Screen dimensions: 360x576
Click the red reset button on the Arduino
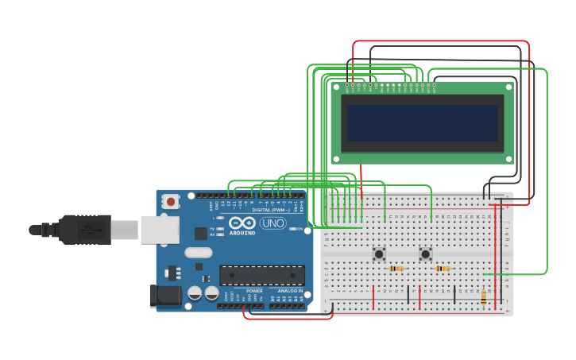[171, 202]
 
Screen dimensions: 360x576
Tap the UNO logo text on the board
[273, 223]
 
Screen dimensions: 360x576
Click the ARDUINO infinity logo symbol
[243, 223]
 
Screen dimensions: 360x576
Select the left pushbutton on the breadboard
[379, 254]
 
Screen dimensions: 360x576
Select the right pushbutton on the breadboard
[426, 254]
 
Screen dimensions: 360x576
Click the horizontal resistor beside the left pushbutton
[396, 269]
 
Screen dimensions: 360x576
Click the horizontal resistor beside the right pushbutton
[443, 269]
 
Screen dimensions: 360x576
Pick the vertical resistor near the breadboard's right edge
[484, 296]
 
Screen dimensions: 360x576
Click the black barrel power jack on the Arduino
[167, 296]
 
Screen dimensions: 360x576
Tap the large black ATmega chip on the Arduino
[262, 275]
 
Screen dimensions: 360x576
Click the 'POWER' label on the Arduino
[254, 291]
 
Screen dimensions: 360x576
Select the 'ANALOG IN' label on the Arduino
[289, 291]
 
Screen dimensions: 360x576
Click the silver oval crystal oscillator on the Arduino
[199, 253]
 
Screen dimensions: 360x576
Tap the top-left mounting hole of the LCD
[336, 88]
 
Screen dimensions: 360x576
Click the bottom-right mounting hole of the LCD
[508, 158]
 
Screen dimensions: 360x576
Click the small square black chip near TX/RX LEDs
[201, 234]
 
